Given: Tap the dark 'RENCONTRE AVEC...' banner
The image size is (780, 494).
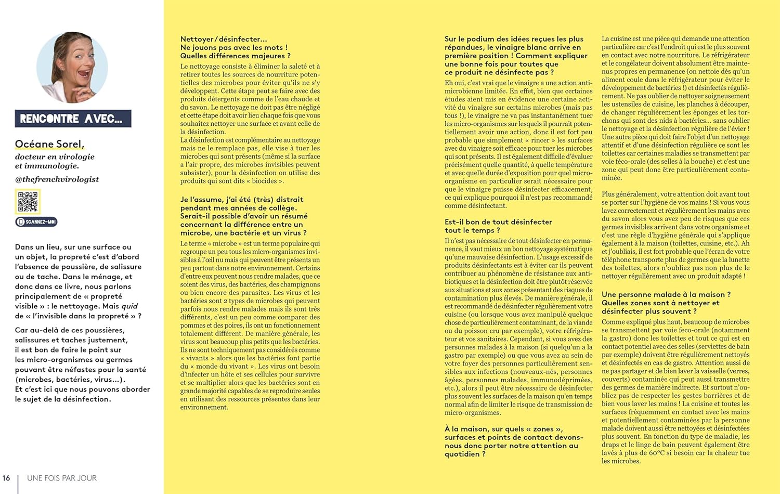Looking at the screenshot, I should tap(73, 119).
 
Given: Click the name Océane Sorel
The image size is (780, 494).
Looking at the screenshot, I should tap(49, 144).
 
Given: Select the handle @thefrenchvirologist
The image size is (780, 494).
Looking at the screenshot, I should tap(57, 179).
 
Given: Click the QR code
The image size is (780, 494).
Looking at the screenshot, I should tap(28, 202).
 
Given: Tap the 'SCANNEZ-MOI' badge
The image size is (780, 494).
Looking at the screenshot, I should tap(36, 222).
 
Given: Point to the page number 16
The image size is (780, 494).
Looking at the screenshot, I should tap(6, 478).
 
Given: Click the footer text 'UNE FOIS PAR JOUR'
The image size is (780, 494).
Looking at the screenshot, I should tap(62, 478).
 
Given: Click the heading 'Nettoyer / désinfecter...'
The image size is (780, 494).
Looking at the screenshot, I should tap(224, 39).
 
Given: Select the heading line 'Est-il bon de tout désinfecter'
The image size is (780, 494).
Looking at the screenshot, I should tap(498, 222).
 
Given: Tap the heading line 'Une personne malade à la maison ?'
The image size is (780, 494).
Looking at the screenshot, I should tap(666, 294).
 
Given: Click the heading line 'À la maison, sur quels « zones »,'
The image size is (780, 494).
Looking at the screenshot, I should tap(503, 429).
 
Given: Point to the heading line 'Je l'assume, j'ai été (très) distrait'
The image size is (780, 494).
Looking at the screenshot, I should tap(242, 199).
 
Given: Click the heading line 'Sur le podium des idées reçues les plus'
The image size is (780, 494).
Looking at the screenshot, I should tap(514, 39).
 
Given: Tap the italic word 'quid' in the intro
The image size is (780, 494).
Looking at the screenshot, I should tap(129, 306).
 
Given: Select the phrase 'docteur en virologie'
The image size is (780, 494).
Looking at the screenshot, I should tap(55, 157).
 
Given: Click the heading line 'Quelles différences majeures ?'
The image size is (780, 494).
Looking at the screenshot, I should tap(235, 56).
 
